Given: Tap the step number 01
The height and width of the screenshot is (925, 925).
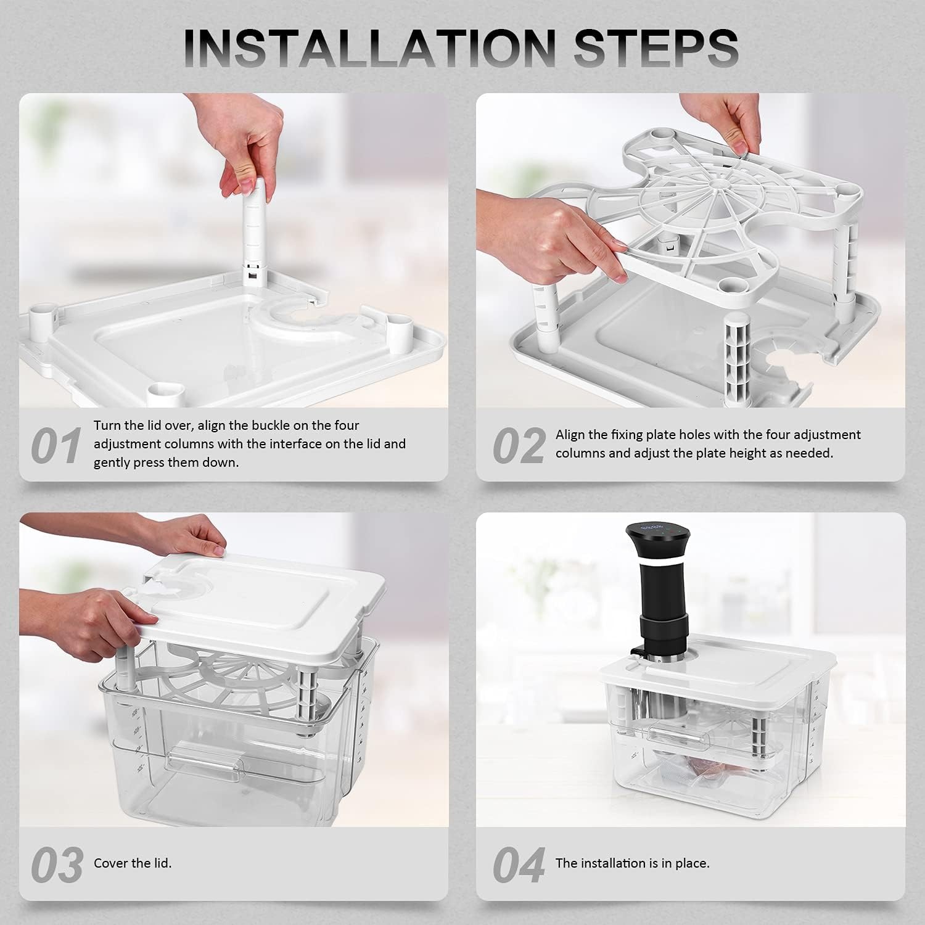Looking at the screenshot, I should [56, 446].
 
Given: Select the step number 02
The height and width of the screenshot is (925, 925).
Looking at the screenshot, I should [518, 446].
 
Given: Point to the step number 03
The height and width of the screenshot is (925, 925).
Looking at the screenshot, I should [57, 865].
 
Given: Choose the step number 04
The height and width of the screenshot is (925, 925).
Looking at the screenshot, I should [518, 865].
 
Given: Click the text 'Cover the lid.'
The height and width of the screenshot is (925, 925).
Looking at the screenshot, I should [133, 863].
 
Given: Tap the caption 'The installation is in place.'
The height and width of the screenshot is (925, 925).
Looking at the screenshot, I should [632, 863].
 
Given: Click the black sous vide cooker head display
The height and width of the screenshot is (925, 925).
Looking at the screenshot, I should [652, 529].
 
